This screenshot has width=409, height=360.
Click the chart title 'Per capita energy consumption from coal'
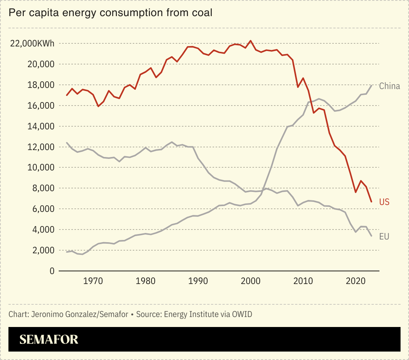point(110,13)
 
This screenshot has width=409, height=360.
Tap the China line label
point(389,86)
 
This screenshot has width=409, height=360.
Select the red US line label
point(384,202)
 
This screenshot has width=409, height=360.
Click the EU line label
point(384,237)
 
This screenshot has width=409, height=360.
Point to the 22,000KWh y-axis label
point(32,43)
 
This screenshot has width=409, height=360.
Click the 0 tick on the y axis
point(52,271)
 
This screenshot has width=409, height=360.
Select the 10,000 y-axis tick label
point(41,168)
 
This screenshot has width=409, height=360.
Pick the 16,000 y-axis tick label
point(41,106)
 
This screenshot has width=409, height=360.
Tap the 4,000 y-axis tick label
point(43,230)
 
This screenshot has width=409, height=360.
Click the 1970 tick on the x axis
point(93,281)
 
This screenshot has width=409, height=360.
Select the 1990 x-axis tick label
point(198,281)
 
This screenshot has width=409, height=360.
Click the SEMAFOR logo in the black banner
point(49,339)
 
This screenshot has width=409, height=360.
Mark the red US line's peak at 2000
point(251,41)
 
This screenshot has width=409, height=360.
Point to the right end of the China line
point(371,85)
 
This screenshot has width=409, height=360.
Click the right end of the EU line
point(371,236)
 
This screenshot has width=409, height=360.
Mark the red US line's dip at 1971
point(98,106)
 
